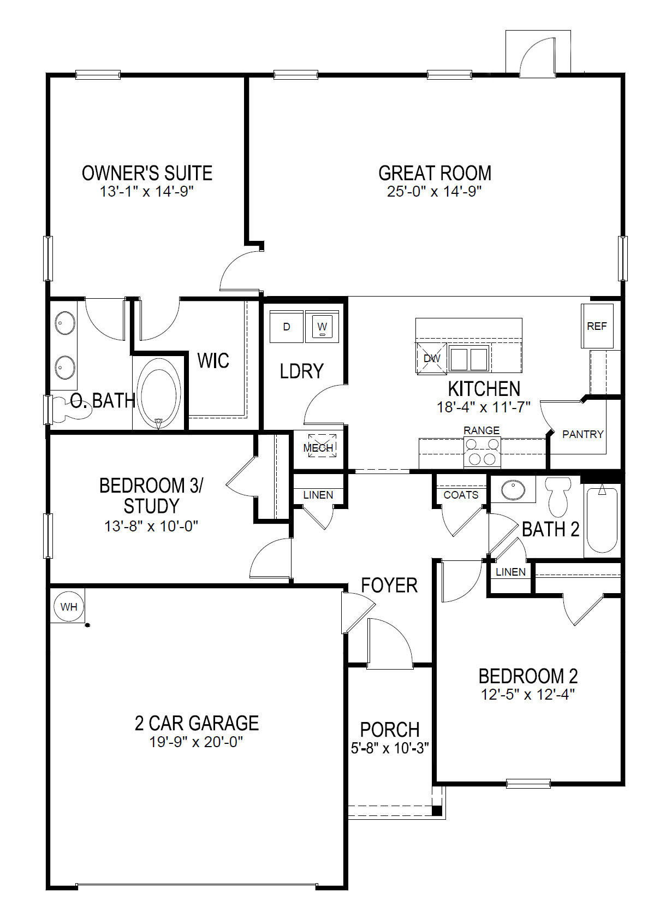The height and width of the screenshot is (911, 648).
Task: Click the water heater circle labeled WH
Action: [68, 607]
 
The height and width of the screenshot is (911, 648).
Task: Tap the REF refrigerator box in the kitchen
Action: [597, 326]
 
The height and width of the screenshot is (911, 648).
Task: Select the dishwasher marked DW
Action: [432, 358]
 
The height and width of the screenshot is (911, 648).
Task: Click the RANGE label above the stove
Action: [481, 430]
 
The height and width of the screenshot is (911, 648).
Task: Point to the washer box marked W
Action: [322, 327]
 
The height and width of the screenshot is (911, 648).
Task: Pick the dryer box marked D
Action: [287, 327]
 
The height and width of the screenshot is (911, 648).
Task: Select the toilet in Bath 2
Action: [558, 495]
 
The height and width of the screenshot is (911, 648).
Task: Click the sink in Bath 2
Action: [513, 490]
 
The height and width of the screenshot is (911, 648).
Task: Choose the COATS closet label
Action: [461, 495]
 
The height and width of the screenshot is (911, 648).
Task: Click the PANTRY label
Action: [582, 434]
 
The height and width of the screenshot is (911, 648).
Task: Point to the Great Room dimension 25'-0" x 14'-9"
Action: [434, 192]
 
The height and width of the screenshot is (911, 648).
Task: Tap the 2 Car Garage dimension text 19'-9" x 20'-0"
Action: [196, 742]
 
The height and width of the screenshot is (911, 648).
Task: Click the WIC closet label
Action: [213, 360]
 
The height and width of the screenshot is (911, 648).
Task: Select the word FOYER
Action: [389, 585]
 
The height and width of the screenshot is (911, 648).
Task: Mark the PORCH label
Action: [390, 730]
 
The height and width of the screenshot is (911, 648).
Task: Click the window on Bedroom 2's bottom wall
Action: [528, 784]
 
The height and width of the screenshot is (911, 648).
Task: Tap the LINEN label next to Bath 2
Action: [510, 572]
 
